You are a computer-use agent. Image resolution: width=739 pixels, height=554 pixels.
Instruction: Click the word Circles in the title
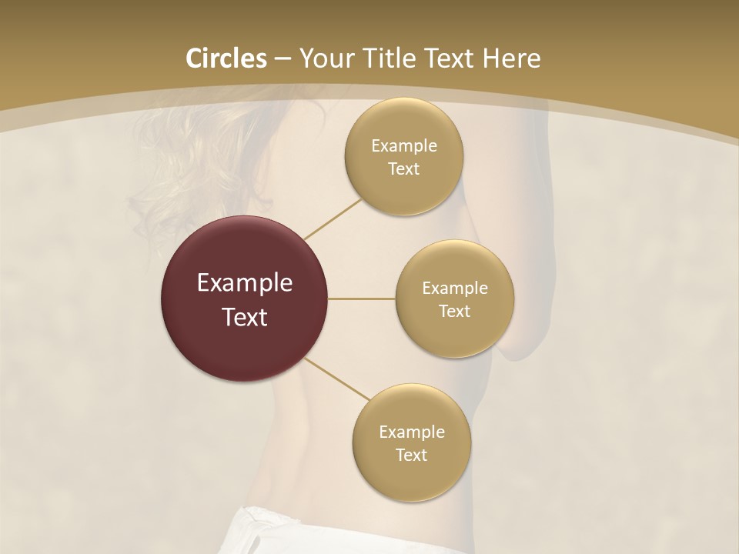click(226, 58)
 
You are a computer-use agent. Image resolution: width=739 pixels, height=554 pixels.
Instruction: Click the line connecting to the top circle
click(333, 219)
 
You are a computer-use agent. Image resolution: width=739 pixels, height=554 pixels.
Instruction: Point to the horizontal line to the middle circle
click(362, 299)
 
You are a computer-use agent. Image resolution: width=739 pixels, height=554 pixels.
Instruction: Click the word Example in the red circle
click(245, 283)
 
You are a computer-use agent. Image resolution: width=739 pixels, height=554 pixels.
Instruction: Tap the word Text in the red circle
click(245, 317)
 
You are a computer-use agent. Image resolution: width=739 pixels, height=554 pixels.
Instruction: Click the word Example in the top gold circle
click(404, 146)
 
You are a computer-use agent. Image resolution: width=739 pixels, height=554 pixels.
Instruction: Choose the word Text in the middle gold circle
click(455, 312)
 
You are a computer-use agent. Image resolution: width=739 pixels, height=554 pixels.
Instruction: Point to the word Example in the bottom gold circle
click(412, 432)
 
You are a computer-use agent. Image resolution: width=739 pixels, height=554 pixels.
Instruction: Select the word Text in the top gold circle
click(404, 169)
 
